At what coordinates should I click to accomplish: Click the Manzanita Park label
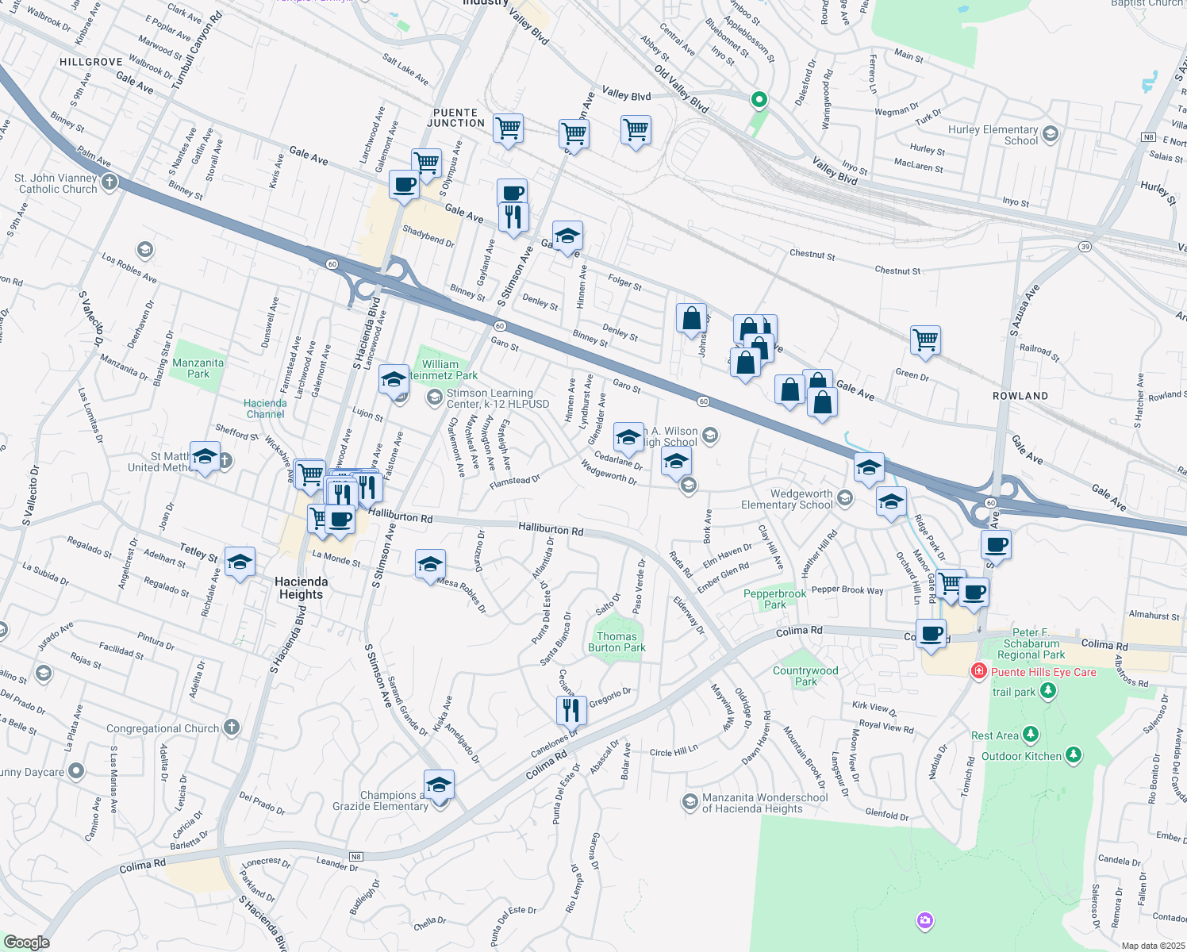click(x=198, y=368)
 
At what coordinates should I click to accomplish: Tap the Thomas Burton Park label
click(x=617, y=642)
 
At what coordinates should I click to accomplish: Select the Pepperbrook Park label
click(x=774, y=599)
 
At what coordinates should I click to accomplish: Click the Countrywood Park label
click(x=805, y=676)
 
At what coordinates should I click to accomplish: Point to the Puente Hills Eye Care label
click(x=1043, y=672)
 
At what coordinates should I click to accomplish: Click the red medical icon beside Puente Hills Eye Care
click(x=979, y=672)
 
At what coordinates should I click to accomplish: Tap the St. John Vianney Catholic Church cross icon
click(x=109, y=182)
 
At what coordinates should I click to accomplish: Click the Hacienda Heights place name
click(x=301, y=588)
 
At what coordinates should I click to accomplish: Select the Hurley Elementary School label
click(x=993, y=135)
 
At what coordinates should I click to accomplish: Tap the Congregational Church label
click(x=163, y=728)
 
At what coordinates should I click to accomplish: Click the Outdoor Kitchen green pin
click(x=1074, y=755)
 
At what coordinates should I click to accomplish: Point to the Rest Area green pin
click(x=1031, y=735)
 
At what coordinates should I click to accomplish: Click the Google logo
click(x=26, y=942)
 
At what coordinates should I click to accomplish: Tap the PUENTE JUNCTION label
click(x=455, y=117)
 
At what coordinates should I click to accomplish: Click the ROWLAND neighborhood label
click(x=1020, y=396)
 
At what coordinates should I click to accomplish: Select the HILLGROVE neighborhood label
click(x=91, y=62)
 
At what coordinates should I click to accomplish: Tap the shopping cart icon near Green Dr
click(x=925, y=340)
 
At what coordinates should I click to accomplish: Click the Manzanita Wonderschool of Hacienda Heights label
click(x=765, y=803)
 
